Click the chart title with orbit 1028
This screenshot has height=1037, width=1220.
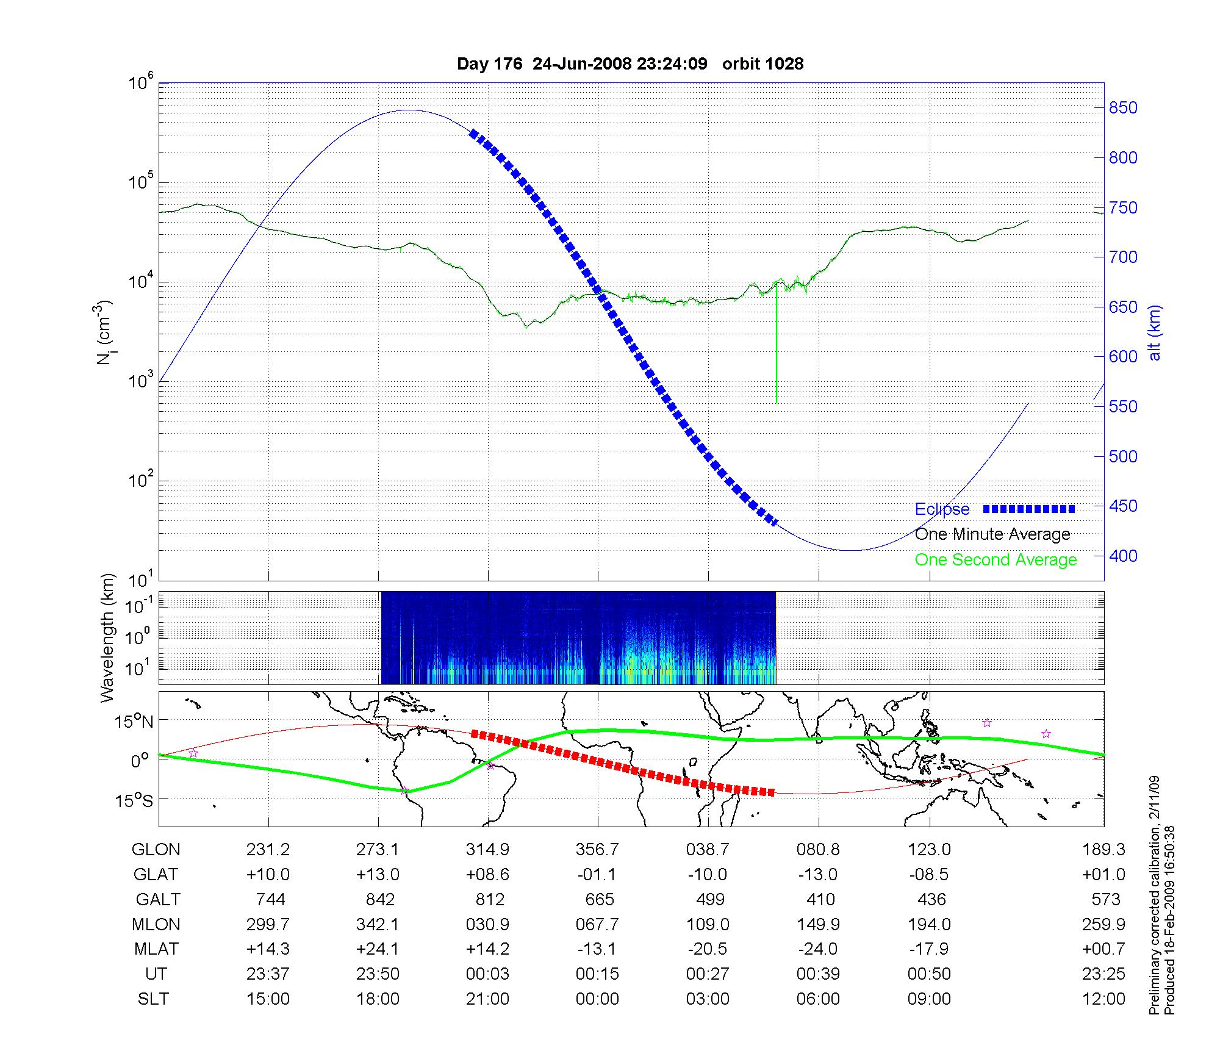630,64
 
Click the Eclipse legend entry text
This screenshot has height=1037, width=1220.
942,509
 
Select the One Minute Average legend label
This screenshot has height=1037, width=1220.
992,534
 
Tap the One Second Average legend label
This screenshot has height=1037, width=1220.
996,560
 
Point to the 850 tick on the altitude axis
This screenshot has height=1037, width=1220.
1122,108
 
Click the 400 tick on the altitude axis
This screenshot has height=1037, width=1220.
1122,556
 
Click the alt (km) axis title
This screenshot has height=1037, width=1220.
1155,333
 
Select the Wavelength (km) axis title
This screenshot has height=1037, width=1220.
107,638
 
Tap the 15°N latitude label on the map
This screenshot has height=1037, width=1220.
135,722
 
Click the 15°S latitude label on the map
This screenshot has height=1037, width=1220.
135,800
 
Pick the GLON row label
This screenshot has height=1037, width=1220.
156,850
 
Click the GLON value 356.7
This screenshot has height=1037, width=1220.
597,850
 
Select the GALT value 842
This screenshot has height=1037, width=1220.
380,900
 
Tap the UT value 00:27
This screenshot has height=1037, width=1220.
708,974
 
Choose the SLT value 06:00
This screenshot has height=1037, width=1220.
818,999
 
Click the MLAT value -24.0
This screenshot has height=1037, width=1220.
818,949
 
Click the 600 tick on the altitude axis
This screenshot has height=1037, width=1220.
1122,357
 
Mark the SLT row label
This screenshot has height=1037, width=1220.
153,999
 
